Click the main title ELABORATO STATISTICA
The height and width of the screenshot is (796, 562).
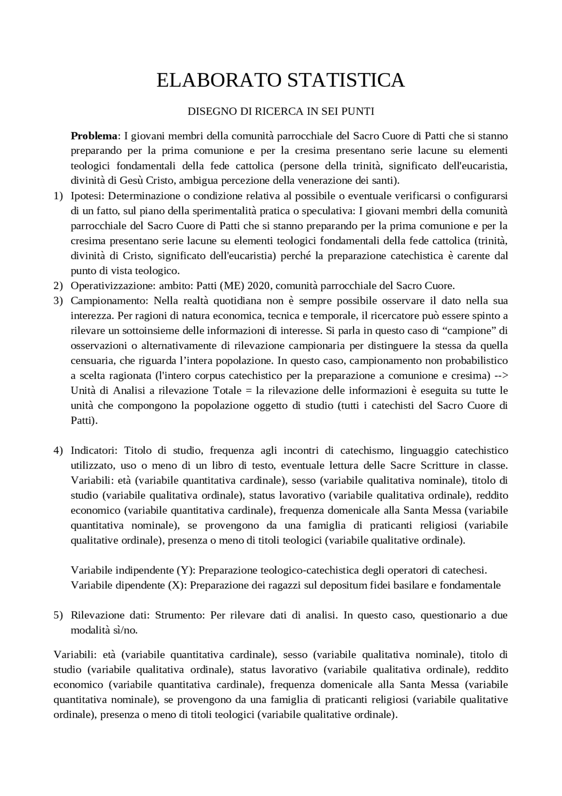pos(281,80)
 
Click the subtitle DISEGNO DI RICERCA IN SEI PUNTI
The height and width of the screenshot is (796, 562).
pos(281,112)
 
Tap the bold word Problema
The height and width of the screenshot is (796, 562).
pos(94,135)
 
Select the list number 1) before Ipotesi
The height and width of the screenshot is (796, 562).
pos(58,196)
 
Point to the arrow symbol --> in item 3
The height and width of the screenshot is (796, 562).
pos(501,375)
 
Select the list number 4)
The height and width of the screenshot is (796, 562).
pos(58,451)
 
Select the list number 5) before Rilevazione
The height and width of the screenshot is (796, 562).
pos(58,615)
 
